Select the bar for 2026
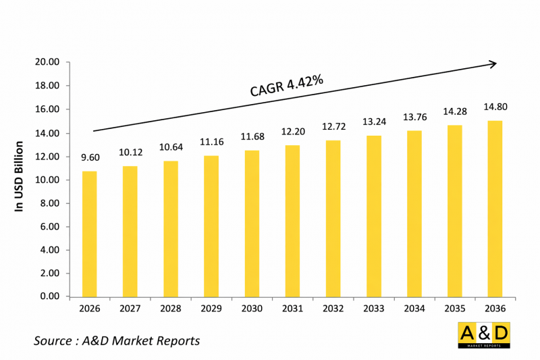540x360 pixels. pos(90,234)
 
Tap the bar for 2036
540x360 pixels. pos(495,209)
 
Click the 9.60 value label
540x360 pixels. pos(90,157)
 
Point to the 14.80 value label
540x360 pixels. pos(495,106)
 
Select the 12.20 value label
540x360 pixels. pos(292,132)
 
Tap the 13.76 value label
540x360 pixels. pos(414,117)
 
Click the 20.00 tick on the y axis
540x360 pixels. pos(48,63)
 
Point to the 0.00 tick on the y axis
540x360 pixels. pos(51,297)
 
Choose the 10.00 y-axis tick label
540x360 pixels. pos(48,180)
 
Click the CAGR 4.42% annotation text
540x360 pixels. pos(286,86)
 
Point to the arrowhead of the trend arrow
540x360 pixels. pos(493,64)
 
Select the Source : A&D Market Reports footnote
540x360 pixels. pos(117,340)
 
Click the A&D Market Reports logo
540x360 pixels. pos(484,335)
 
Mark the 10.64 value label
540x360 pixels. pos(171,147)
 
